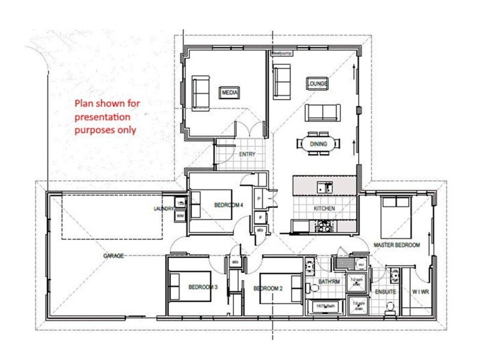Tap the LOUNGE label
[x=317, y=84]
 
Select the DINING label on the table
[x=318, y=143]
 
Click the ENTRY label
[x=247, y=154]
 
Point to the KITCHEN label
[x=324, y=208]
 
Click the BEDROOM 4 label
[x=229, y=205]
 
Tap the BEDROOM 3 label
[x=203, y=288]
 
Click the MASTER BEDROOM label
[x=397, y=245]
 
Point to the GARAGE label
[x=113, y=256]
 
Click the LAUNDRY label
[x=163, y=209]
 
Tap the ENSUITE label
[x=385, y=292]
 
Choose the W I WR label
[x=420, y=292]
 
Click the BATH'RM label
[x=330, y=281]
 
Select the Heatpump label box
[x=281, y=53]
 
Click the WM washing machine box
[x=180, y=215]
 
